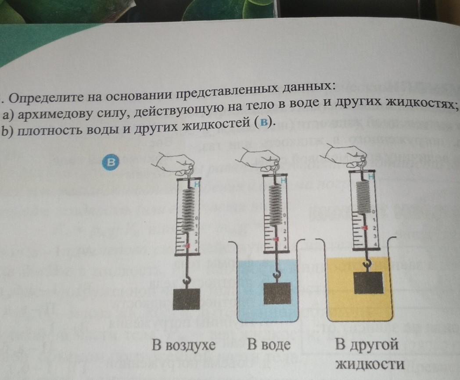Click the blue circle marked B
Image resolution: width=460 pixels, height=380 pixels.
pos(111,162)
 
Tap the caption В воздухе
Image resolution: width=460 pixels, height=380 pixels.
pos(183,345)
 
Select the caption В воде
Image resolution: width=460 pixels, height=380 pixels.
pos(269,344)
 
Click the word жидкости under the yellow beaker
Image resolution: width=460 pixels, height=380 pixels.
pos(369,364)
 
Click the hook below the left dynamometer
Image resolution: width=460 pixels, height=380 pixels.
pos(186,280)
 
